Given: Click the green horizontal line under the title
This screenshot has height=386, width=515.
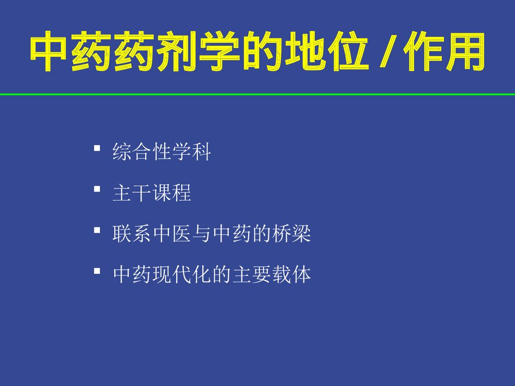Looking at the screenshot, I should [257, 94].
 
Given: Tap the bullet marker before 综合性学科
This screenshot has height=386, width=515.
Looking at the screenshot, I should [97, 149].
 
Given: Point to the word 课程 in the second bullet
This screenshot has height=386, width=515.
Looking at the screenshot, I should [172, 194].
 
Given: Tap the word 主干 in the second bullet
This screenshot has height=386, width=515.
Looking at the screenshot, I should [132, 194].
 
